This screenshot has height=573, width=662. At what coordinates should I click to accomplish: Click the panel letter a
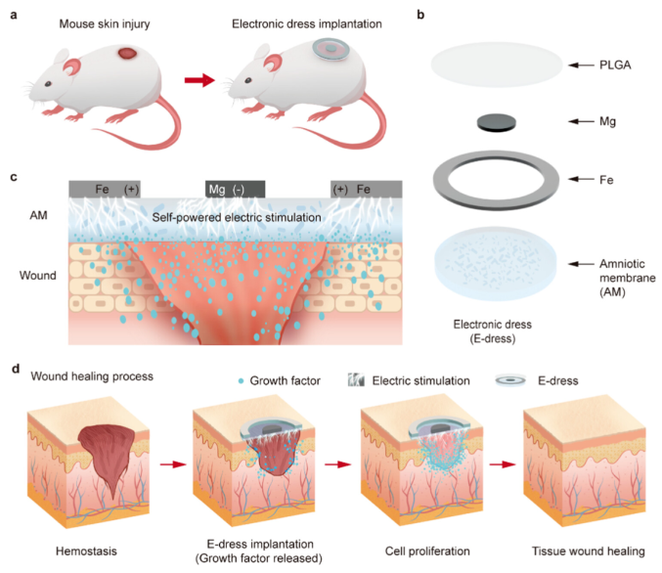click(x=13, y=16)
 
